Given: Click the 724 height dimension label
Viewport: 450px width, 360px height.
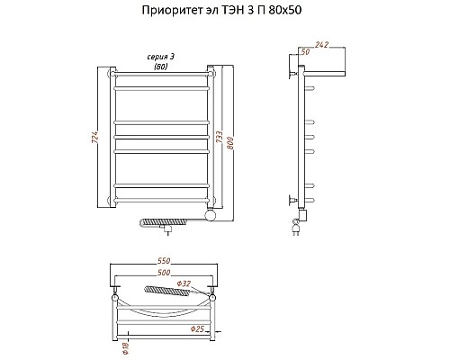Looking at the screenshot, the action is [94, 137].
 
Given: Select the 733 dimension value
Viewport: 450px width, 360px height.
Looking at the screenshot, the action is [220, 137].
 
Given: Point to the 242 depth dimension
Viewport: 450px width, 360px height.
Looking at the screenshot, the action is [322, 45].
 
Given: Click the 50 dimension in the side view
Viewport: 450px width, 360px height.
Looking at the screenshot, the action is [305, 52].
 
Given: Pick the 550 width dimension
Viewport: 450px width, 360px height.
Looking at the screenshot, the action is [164, 261].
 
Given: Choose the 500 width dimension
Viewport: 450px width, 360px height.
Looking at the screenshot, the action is [164, 273].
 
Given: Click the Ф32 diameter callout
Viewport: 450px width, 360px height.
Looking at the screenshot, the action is [184, 283].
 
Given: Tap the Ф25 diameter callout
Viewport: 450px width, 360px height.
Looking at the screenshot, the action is [197, 329].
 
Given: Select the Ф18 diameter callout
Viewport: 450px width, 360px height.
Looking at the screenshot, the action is [125, 348].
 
